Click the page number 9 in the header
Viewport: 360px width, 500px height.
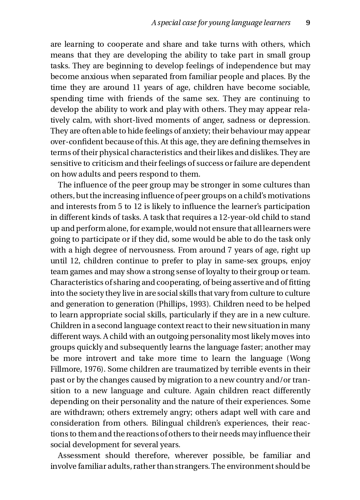(x=308, y=23)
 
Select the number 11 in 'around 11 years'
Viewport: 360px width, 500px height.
(x=136, y=88)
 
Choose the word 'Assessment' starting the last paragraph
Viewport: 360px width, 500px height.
(x=79, y=455)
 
